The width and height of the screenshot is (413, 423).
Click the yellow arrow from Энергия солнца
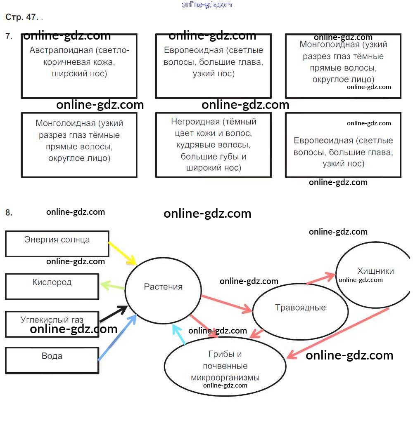coord(122,253)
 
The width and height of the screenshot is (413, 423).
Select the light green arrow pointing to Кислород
coord(112,285)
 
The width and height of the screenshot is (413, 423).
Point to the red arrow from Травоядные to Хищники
coord(321,279)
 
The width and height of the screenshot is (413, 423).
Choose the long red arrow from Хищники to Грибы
coord(338,333)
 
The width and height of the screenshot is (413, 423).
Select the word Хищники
coord(375,271)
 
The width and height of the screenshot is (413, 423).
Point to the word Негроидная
coord(195,122)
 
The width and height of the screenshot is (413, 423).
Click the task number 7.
coord(9,36)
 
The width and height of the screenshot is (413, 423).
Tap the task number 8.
coord(9,213)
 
